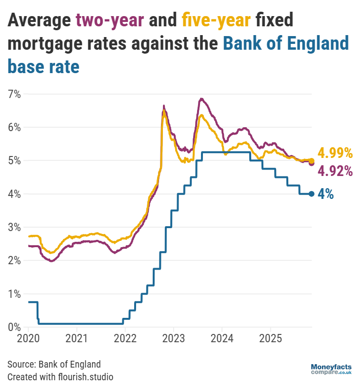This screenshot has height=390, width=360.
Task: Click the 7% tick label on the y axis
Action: [14, 94]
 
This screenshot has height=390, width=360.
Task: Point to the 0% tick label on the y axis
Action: [14, 327]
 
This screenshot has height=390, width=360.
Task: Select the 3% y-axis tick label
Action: [14, 227]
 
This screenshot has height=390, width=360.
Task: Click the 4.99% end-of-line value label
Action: [335, 153]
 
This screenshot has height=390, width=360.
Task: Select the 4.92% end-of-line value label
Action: [335, 171]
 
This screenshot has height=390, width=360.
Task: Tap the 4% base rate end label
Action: [325, 194]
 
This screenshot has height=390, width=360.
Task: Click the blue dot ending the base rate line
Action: [312, 194]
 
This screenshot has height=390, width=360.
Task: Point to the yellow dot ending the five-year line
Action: [312, 160]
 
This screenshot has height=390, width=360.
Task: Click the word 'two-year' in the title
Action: [110, 20]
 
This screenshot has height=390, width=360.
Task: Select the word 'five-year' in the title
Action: [217, 20]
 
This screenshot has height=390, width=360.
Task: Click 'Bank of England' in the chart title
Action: [286, 43]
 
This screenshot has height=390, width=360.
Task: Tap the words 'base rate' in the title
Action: [43, 66]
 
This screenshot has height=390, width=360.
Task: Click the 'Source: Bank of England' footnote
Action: [54, 364]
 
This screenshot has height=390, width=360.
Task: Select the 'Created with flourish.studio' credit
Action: [60, 377]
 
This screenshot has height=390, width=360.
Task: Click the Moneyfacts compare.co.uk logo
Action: [331, 369]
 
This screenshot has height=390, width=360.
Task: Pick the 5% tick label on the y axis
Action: [14, 161]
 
